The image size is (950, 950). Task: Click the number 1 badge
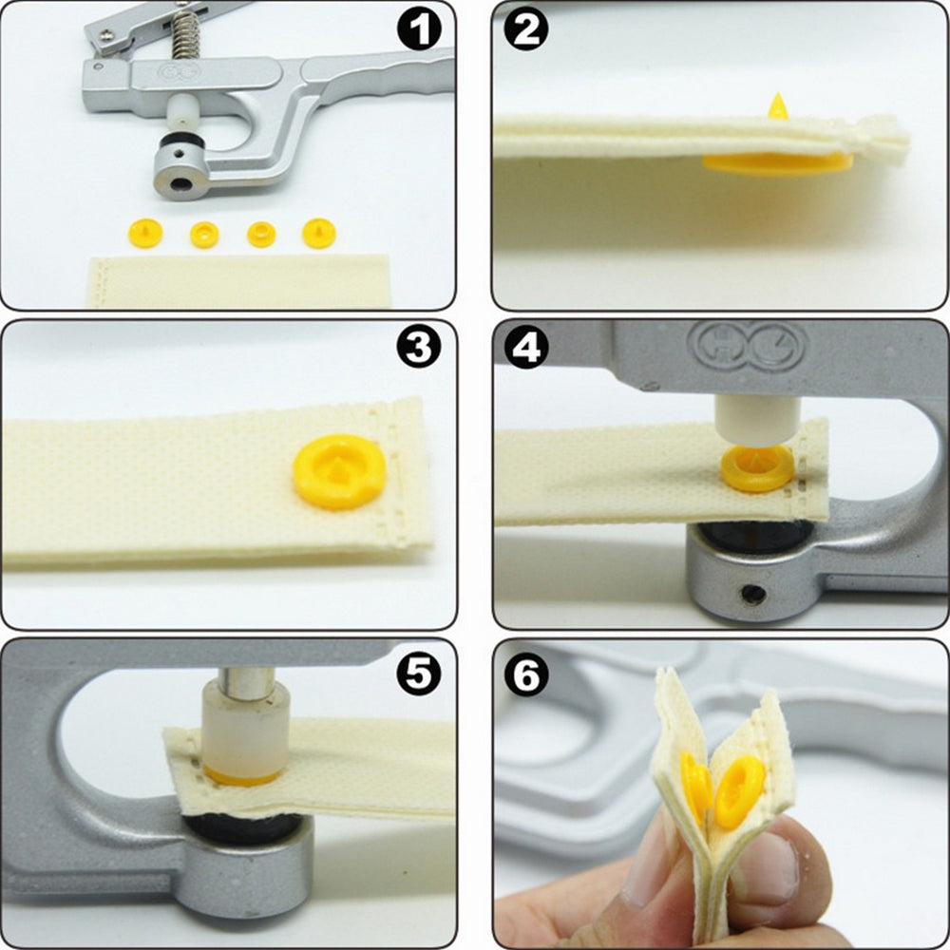click(419, 31)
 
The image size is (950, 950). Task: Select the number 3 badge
click(419, 349)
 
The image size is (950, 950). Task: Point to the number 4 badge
click(527, 349)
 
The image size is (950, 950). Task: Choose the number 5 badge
click(419, 672)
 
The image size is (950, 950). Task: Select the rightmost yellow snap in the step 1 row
click(318, 233)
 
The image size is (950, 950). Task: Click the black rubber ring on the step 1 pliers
click(183, 146)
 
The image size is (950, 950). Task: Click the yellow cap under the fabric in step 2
click(774, 164)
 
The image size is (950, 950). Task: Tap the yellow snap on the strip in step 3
click(339, 470)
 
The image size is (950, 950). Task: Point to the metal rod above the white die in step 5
click(245, 681)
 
